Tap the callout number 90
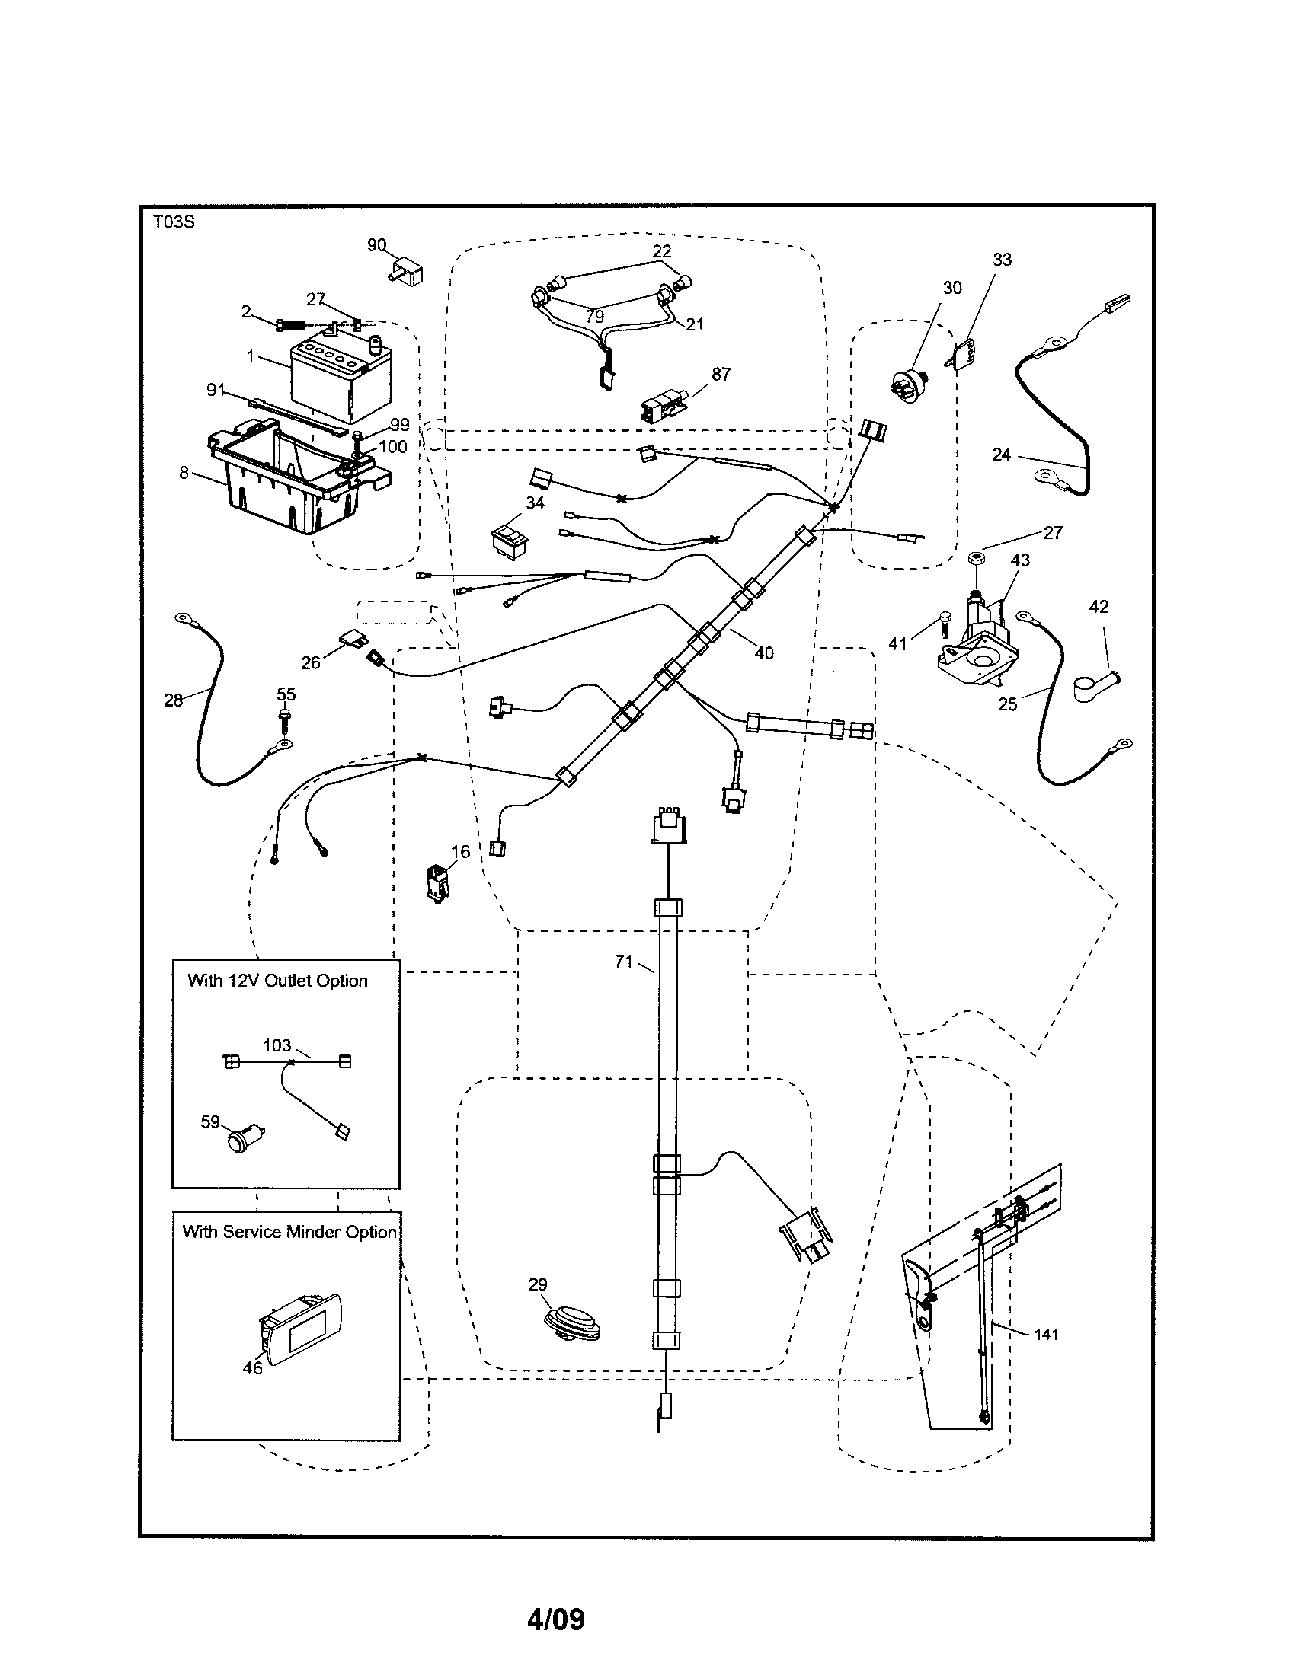point(376,244)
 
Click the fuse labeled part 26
point(352,638)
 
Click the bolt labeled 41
point(945,632)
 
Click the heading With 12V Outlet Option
point(277,981)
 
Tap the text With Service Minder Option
point(289,1233)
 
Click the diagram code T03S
point(174,222)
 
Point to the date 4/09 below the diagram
point(555,1619)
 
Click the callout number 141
point(1046,1335)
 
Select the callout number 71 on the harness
point(623,962)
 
